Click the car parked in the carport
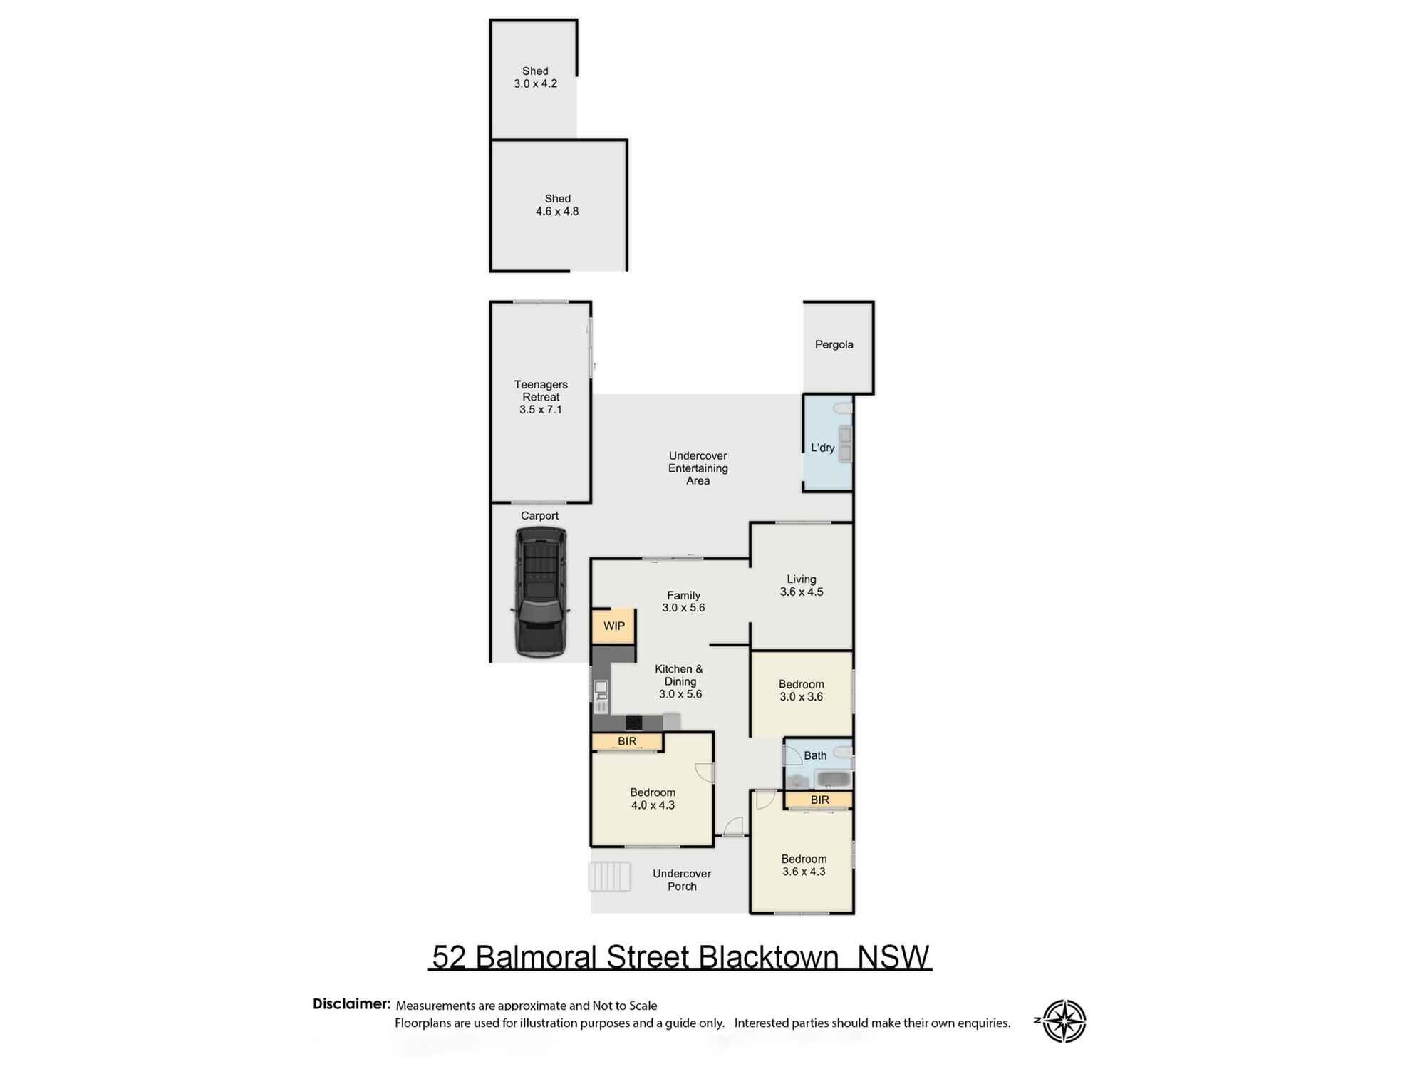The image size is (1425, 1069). tap(541, 592)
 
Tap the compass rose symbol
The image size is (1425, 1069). tap(1064, 1021)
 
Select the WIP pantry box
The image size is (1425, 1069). tap(613, 626)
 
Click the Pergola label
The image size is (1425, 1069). tap(834, 345)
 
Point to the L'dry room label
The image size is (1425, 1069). tap(822, 448)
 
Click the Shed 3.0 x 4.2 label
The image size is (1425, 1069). tap(535, 78)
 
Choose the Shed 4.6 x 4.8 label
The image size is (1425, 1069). tap(557, 205)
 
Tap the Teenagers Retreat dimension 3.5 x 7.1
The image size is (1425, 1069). tap(541, 410)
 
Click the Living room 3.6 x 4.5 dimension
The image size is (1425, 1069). tap(802, 592)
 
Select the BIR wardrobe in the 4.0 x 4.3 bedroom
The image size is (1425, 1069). tap(627, 742)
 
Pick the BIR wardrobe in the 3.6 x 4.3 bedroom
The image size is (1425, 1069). tap(819, 800)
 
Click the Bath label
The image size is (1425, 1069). tap(815, 756)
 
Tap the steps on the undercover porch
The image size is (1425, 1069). tap(609, 877)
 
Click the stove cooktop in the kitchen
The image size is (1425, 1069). tap(633, 723)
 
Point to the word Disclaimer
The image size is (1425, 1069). tap(351, 1004)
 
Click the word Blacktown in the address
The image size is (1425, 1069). tap(769, 957)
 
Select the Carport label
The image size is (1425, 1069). tap(539, 516)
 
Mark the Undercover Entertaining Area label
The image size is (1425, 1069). tap(698, 468)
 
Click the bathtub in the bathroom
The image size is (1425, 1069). tap(834, 779)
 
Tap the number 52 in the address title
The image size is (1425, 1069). tap(449, 957)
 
